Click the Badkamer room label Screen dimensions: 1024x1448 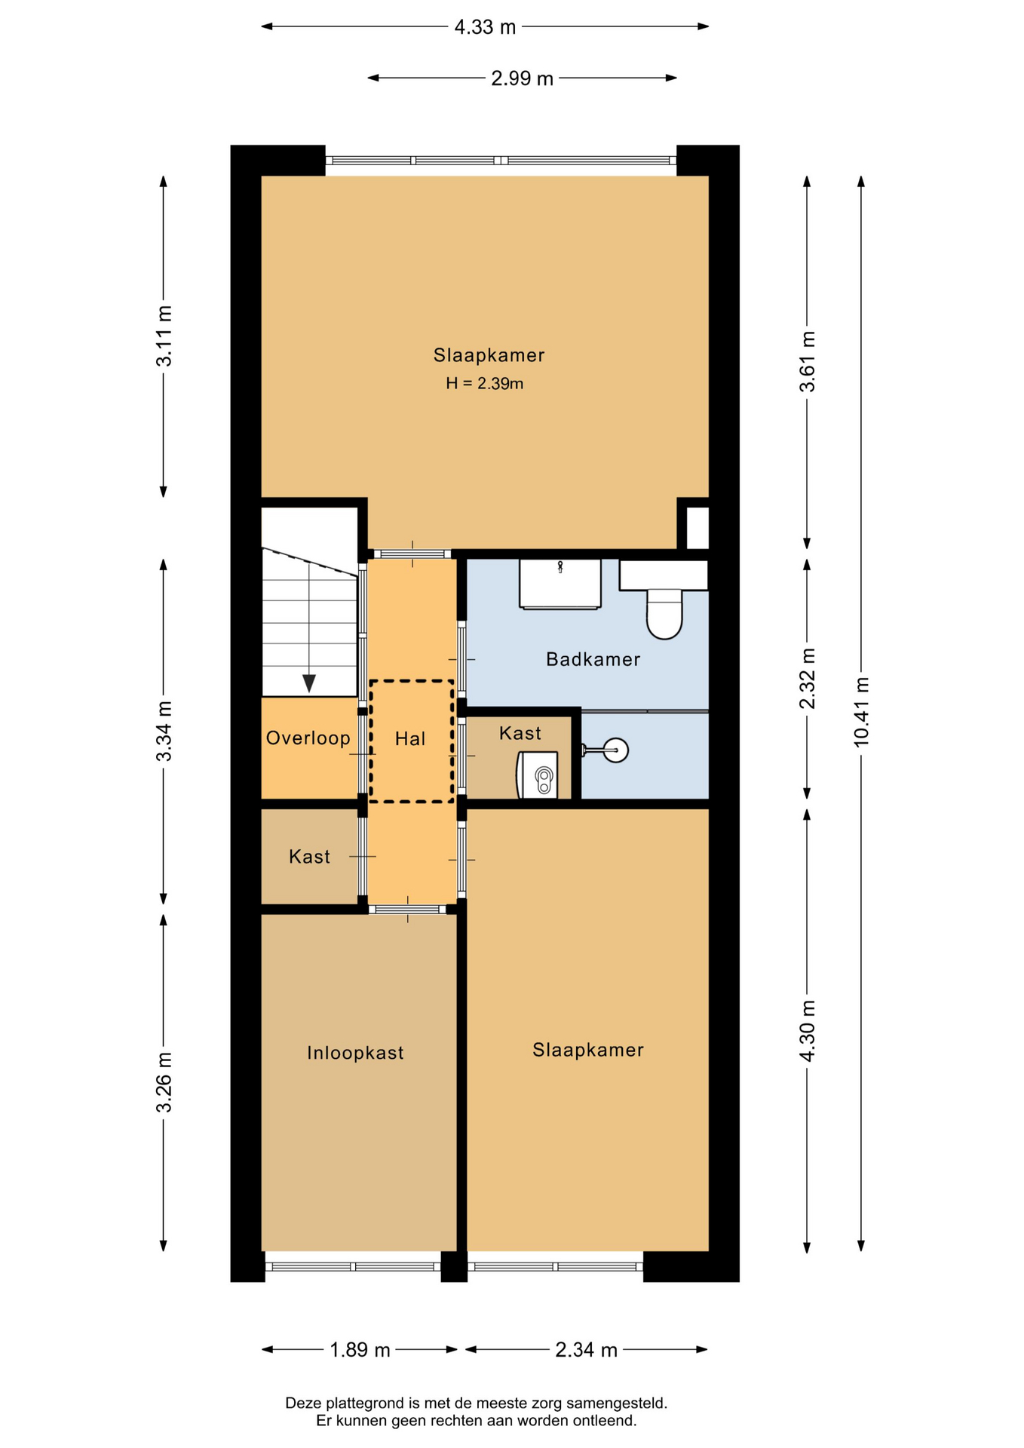coord(593,659)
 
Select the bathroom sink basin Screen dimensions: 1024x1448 coord(560,583)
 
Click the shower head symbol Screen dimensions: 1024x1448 coord(615,750)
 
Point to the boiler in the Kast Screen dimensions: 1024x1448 coord(538,774)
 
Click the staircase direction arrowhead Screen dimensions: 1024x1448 coord(309,683)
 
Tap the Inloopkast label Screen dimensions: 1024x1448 coord(355,1053)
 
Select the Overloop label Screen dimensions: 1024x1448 coord(308,738)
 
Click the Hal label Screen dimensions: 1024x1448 coord(410,739)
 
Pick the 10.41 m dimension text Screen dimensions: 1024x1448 coord(861,713)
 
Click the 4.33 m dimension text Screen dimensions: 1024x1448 coord(485,27)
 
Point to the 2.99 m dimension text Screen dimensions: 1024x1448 coord(522,78)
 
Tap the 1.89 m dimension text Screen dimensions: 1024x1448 coord(360,1350)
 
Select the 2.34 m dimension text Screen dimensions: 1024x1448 coord(586,1350)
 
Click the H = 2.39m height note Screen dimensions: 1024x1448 coord(484,383)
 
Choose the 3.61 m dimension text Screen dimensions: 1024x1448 coord(807,361)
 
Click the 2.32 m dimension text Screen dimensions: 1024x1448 coord(807,679)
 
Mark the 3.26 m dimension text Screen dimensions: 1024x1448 coord(164,1082)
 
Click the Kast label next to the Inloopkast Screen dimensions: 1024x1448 coord(309,857)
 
